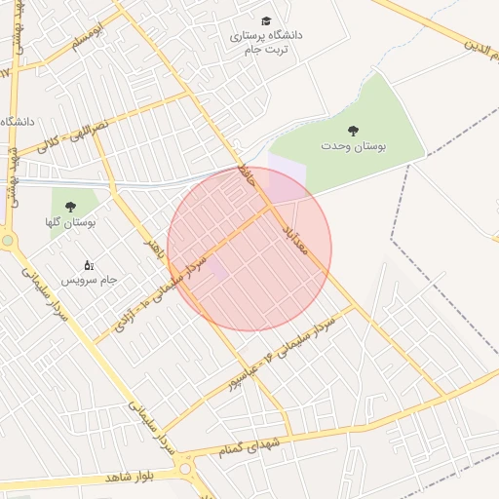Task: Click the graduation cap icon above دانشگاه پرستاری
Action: click(x=266, y=20)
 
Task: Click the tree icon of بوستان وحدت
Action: click(x=353, y=130)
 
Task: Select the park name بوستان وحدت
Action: click(x=354, y=145)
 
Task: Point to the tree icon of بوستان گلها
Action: click(x=70, y=206)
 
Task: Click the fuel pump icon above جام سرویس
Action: click(x=89, y=264)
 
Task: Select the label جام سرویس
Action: click(x=90, y=280)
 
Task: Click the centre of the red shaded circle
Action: click(x=249, y=249)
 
